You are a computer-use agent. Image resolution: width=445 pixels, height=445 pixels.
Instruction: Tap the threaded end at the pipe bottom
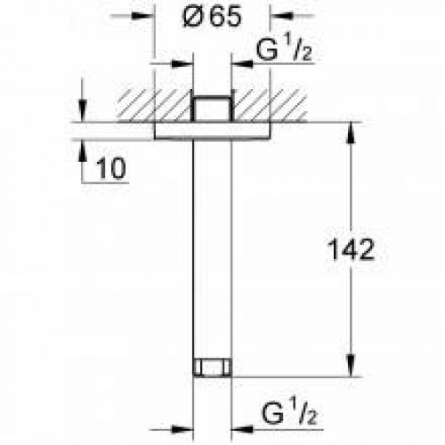click(x=213, y=367)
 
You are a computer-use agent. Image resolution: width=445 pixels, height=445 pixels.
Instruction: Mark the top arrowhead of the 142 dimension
click(x=349, y=130)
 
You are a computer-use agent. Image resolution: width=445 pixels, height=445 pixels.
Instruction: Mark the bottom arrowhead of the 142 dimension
click(x=349, y=368)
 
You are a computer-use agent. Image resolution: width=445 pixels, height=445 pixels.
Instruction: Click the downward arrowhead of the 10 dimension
click(x=82, y=115)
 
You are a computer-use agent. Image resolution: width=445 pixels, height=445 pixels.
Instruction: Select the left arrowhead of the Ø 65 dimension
click(x=148, y=16)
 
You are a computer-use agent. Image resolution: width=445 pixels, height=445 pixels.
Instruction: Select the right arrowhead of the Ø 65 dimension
click(x=278, y=16)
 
